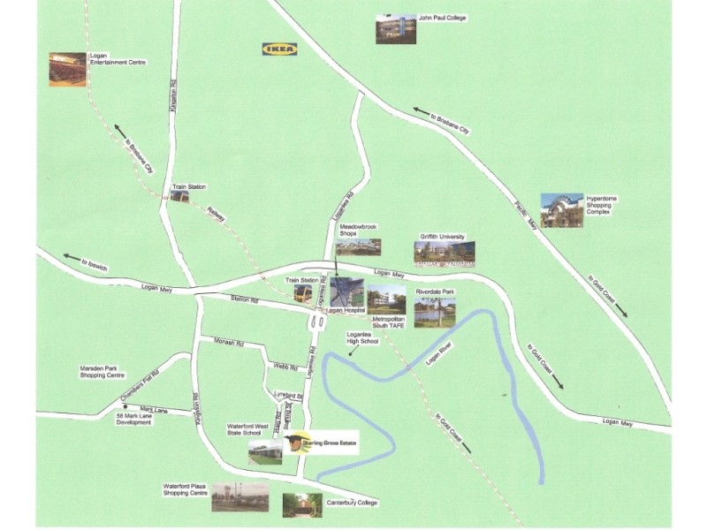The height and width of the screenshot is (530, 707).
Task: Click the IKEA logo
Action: pyautogui.click(x=278, y=49)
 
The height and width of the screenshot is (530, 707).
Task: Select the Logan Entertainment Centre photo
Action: pyautogui.click(x=67, y=70)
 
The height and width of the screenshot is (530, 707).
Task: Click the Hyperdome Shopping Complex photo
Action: pyautogui.click(x=562, y=210)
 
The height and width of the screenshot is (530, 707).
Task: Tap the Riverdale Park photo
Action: pyautogui.click(x=435, y=311)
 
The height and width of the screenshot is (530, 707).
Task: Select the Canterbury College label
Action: pyautogui.click(x=350, y=505)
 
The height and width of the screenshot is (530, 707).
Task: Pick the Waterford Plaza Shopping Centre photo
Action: pyautogui.click(x=239, y=497)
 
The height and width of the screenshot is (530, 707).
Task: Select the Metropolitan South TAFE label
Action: pyautogui.click(x=388, y=322)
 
